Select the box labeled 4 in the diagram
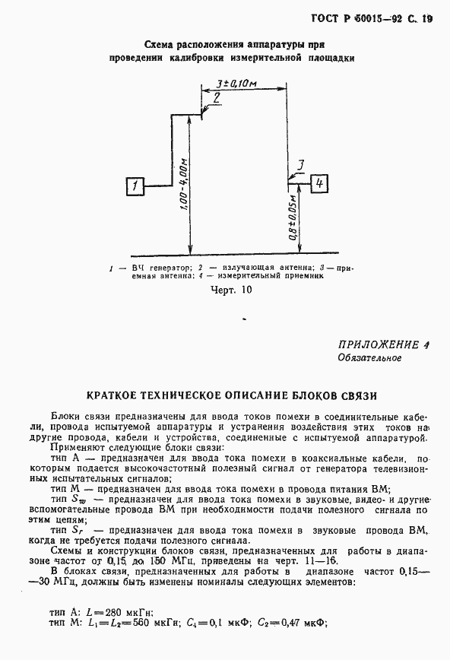320,183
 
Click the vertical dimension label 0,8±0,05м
293,221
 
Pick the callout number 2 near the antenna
217,98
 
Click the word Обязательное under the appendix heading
369,357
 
